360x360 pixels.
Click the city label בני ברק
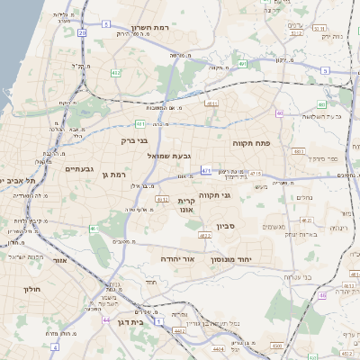133,140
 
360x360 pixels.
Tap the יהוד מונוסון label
238,258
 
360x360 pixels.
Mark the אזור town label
61,260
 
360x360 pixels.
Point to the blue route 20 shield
82,32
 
